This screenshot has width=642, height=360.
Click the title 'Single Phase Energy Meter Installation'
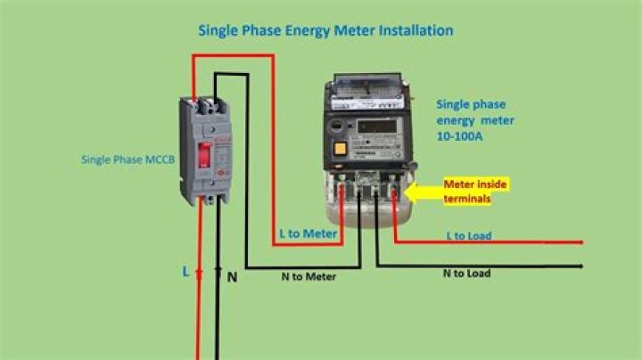coord(325,30)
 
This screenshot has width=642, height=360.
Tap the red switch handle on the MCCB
coord(204,155)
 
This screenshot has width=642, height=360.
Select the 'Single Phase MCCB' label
coord(128,160)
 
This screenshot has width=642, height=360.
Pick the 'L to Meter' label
coord(308,233)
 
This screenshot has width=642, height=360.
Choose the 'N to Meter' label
coord(308,276)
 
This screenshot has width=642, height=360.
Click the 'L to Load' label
coord(469,236)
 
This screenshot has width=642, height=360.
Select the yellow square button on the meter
coord(341,149)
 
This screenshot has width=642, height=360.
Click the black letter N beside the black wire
coord(232,277)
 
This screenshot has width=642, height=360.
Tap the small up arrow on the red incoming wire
coord(199,273)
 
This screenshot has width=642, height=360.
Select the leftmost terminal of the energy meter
coord(343,190)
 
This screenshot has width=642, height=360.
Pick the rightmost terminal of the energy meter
coord(393,190)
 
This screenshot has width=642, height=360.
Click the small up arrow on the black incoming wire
coord(217,271)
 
